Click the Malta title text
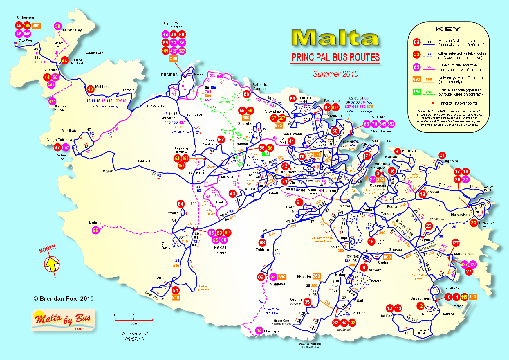(335, 38)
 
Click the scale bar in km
(134, 320)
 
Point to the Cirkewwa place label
(25, 17)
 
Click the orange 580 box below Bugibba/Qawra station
(174, 58)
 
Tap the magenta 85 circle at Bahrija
(95, 231)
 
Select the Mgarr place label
(107, 171)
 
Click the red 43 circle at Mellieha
(90, 89)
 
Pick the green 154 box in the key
(416, 92)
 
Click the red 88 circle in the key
(416, 42)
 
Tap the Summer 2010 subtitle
(335, 74)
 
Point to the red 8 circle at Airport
(364, 267)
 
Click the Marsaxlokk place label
(463, 254)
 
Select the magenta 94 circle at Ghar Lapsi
(259, 331)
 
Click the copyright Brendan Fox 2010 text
(64, 299)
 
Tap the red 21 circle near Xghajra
(442, 155)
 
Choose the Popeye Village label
(60, 108)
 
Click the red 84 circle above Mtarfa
(181, 204)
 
